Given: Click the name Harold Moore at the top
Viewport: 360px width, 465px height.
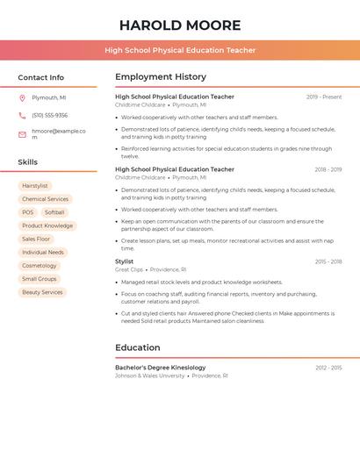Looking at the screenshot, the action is pos(180,25).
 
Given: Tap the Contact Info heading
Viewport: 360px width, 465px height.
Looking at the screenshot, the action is pos(40,77).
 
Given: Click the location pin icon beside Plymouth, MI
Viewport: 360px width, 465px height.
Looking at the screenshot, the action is pos(22,98).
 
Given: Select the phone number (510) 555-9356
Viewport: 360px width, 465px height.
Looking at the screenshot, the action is pos(49,115).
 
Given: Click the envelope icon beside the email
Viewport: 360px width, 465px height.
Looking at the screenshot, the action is pos(22,134).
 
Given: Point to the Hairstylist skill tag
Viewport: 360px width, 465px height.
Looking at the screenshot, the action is pos(35,186).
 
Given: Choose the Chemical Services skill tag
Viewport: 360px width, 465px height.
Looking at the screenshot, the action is pos(45,199).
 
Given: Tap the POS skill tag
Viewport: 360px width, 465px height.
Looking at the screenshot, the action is pos(28,212).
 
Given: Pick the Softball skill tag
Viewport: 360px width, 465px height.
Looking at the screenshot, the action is pos(54,212).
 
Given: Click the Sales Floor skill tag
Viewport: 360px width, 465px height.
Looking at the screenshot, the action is pos(36,239).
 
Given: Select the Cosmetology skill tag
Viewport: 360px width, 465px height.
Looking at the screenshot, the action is pos(40,266).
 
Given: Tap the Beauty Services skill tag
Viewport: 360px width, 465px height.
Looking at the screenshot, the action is pos(42,292).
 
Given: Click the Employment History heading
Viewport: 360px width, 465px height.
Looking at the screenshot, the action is pos(161,77).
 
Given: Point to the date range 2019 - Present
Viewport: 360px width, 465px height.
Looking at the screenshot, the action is pos(324,97).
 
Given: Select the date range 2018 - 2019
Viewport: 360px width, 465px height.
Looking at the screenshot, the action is pos(328,169).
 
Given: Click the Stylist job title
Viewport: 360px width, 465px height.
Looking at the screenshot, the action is pos(125,261).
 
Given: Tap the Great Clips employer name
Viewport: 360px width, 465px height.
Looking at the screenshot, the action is pos(129,270).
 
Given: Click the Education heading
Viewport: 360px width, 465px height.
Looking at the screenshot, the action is pos(138,347).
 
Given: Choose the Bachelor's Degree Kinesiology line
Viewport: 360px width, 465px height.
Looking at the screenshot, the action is pos(161,368).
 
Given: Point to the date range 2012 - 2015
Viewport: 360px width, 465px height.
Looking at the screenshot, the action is pos(328,368).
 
